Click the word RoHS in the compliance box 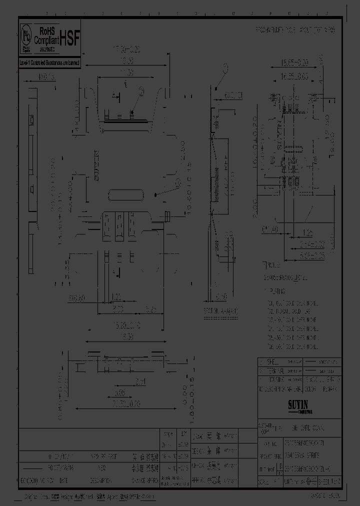tap(45, 30)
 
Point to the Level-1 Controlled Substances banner tap(49, 63)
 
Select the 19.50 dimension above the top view tap(126, 61)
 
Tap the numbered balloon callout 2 tap(141, 91)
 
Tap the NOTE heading tap(273, 265)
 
